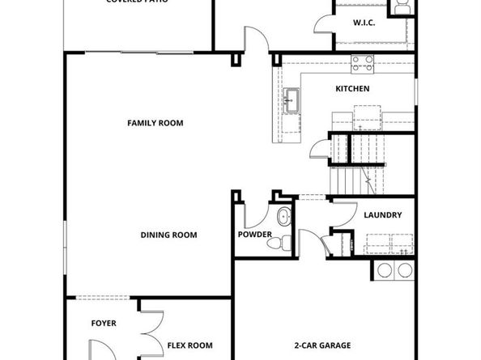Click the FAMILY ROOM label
click(155, 123)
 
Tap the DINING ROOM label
click(169, 235)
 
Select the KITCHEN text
click(352, 88)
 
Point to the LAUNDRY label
click(383, 215)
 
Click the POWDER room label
click(255, 235)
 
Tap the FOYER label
click(103, 323)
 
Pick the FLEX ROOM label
click(189, 345)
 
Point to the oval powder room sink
click(283, 216)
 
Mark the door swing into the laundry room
click(343, 212)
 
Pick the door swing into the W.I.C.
click(324, 22)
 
